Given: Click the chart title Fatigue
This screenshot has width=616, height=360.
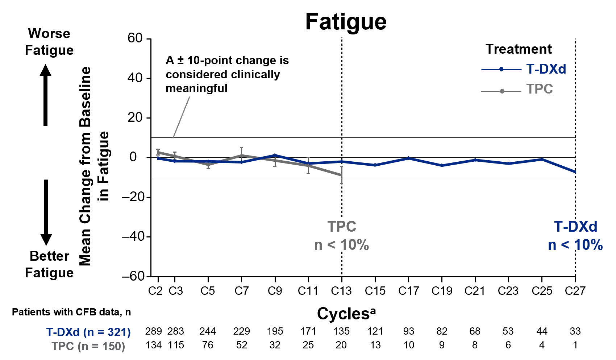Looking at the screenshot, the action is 346,22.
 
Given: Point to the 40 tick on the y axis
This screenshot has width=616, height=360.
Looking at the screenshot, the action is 135,78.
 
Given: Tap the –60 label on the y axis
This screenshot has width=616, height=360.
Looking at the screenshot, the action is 133,276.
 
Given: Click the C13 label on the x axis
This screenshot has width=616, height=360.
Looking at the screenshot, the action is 341,291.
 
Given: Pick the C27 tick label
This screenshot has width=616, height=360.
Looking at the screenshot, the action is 575,291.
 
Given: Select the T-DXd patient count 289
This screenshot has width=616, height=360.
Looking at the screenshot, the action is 153,331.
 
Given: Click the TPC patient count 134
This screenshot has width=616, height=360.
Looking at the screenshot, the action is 153,345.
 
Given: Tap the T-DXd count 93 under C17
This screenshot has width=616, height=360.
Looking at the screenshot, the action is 409,331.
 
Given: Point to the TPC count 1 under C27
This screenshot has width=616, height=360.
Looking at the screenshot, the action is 575,345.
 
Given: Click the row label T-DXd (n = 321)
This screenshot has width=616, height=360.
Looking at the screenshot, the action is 88,332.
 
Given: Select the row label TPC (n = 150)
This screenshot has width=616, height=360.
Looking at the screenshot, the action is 88,346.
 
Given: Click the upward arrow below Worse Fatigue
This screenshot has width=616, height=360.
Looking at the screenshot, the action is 46,95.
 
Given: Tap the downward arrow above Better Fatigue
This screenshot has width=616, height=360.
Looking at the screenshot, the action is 46,212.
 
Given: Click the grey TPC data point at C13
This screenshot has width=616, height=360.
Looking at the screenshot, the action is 342,175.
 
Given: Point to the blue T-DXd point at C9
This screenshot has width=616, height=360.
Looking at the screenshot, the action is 275,155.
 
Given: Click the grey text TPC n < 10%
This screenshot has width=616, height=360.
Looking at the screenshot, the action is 342,236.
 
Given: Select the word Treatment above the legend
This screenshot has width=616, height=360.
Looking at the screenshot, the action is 519,49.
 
